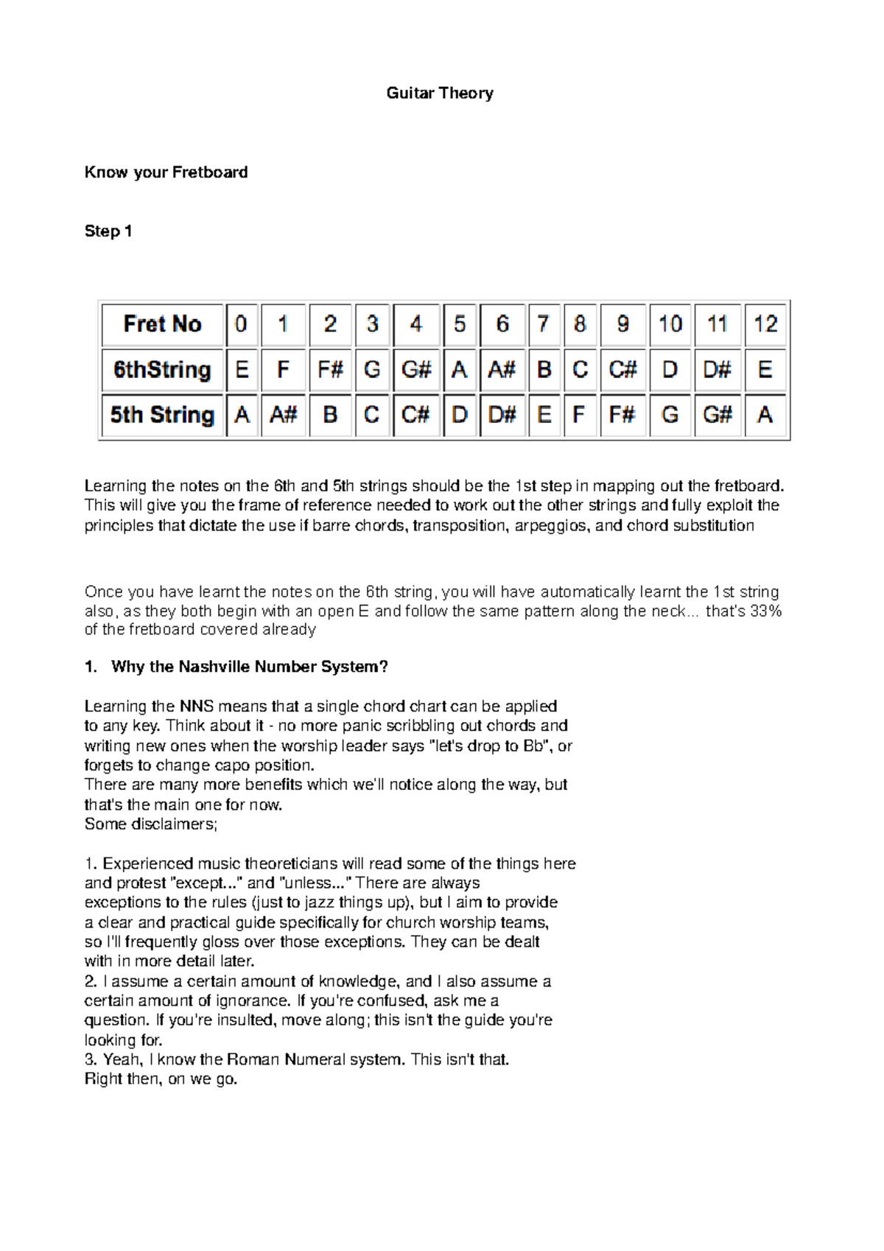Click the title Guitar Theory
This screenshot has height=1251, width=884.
tap(440, 94)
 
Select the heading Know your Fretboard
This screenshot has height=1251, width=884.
tap(166, 172)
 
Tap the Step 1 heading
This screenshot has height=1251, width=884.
tap(108, 231)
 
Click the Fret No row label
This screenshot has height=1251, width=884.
tap(162, 324)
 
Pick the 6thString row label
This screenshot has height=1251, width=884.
tap(162, 369)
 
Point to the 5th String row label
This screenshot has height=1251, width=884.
tap(162, 415)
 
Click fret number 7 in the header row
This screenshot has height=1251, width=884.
tap(544, 324)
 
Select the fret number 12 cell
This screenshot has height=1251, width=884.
tap(765, 324)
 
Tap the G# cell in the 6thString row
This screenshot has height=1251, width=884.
tap(416, 369)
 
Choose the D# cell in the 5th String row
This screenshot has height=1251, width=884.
tap(502, 415)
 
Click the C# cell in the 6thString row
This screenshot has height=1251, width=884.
tap(622, 369)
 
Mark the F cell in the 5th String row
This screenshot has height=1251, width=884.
tap(579, 415)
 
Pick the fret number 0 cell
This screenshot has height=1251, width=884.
tap(241, 324)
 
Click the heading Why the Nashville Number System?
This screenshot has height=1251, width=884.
tap(249, 667)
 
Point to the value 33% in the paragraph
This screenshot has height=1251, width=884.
tap(765, 612)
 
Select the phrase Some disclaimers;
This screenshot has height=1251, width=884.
tap(151, 824)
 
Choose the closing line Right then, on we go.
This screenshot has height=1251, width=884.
tap(161, 1079)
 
